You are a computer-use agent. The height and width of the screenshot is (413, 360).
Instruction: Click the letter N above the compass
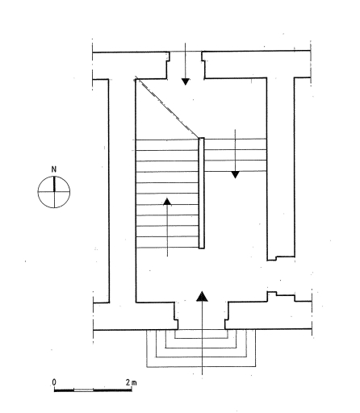[x=54, y=169]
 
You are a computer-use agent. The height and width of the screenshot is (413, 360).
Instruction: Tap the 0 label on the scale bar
[x=54, y=382]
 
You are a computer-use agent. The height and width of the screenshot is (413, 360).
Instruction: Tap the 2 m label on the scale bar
[x=131, y=382]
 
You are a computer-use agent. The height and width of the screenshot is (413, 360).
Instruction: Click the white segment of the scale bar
[x=83, y=390]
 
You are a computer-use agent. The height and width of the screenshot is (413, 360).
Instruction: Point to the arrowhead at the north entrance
[x=186, y=81]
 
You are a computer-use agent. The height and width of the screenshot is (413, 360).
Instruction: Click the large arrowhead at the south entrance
[x=202, y=296]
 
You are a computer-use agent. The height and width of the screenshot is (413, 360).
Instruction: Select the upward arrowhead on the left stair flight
[x=167, y=202]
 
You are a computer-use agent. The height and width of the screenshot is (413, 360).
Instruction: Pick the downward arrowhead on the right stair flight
[x=236, y=174]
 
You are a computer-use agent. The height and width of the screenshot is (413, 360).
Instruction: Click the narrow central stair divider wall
[x=201, y=193]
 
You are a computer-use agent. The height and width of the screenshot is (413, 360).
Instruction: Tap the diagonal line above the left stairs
[x=167, y=107]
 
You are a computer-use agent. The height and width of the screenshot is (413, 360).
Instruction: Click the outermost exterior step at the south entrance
[x=201, y=366]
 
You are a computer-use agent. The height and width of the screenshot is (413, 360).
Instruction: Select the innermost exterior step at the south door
[x=201, y=338]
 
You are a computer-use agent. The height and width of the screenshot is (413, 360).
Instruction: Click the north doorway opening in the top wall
[x=186, y=65]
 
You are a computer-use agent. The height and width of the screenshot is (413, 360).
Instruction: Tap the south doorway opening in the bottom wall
[x=201, y=315]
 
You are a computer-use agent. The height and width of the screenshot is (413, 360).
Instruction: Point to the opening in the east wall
[x=281, y=276]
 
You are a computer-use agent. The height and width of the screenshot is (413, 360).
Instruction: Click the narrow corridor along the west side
[x=122, y=191]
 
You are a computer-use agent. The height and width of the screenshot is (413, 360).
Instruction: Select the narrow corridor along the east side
[x=281, y=168]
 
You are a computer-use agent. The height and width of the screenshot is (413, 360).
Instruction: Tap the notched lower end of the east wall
[x=281, y=258]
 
